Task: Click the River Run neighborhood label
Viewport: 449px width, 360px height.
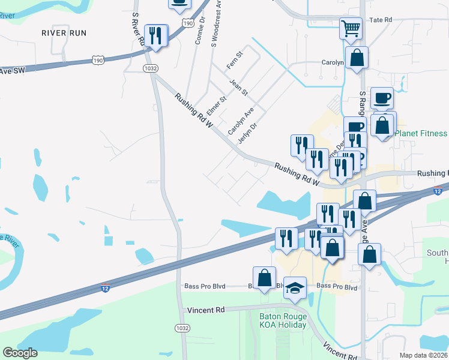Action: (64, 32)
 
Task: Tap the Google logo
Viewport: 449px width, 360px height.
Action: (20, 353)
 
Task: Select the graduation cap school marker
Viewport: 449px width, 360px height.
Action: (295, 288)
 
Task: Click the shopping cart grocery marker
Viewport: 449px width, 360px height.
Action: (351, 27)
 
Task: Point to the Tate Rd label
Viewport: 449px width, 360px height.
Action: (381, 20)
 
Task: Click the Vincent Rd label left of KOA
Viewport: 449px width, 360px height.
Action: (205, 310)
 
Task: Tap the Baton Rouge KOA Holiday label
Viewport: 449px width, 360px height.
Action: (282, 320)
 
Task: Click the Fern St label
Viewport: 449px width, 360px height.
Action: (234, 58)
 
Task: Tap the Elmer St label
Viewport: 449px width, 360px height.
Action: (216, 106)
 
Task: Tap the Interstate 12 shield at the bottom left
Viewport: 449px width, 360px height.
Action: (106, 289)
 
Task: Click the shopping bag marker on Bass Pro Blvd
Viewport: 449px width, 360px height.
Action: (264, 278)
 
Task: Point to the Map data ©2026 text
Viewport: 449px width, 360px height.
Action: (423, 355)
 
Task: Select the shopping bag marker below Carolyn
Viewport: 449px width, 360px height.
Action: (357, 58)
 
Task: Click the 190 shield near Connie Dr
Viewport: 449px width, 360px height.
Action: (188, 23)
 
